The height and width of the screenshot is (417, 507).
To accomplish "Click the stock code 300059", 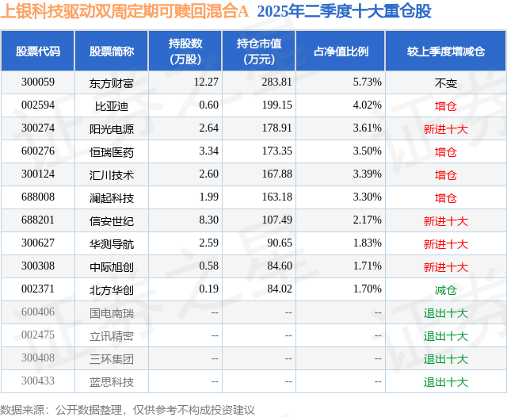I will point(38,82).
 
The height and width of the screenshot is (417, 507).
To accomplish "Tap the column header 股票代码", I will point(38,52).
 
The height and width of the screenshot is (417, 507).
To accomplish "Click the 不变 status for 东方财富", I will point(445,82).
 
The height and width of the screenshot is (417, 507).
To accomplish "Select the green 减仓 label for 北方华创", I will point(445,290).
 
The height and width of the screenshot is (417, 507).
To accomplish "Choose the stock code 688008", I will point(38,197).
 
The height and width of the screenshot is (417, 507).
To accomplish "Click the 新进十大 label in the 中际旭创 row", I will point(445,267).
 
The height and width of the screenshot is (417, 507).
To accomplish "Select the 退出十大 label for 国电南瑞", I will point(445,313).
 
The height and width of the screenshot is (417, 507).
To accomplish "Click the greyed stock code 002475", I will point(38,336).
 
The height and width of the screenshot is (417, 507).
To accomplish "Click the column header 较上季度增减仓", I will point(445,52).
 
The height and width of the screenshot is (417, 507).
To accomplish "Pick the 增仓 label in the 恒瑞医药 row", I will point(445,151).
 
